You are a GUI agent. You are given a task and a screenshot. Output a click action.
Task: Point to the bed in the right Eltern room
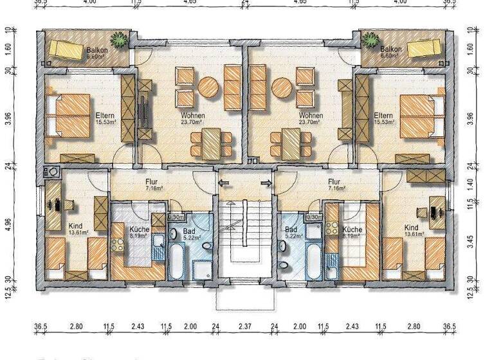[x=422, y=116]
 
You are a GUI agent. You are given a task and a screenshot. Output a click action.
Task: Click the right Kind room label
[x=412, y=230]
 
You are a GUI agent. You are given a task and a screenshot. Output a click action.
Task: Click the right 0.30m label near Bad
[x=314, y=217]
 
